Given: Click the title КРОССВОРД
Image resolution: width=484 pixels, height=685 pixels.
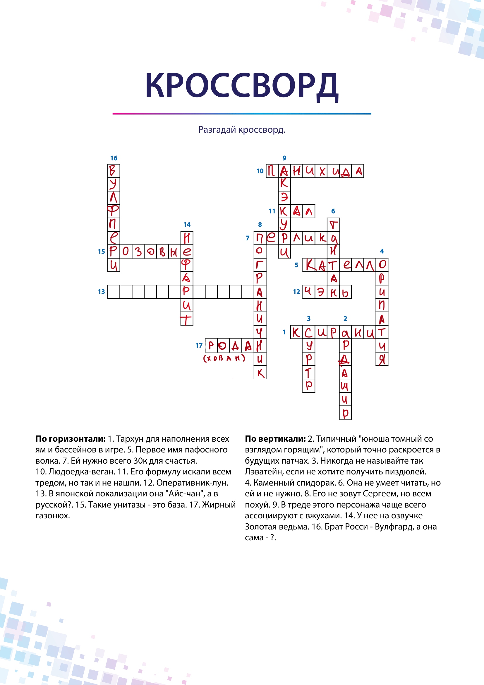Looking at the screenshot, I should coord(242,86).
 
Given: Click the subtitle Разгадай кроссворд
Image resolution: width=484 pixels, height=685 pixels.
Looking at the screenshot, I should coord(242,130).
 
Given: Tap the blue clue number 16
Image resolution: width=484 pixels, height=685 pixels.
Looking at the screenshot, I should coord(114,158).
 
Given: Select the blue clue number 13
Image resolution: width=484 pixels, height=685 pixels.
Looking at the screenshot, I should coord(101,291).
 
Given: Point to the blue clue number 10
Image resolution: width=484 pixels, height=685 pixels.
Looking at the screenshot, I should coord(260,171).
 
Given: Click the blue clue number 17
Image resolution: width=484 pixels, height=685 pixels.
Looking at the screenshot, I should coord(199,346).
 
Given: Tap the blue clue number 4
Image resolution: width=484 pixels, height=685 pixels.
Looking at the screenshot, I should coord(382,251).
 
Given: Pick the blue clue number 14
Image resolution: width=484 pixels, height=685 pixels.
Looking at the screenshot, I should coord(187,224).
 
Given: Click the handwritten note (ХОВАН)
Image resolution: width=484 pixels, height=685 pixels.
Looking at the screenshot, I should coord(224,358).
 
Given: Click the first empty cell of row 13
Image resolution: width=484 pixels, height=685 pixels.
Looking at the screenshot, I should coord(114,292).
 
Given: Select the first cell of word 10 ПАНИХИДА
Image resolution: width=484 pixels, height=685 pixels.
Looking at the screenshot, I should coord(272,171).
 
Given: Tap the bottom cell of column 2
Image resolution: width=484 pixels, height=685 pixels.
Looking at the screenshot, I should coord(345,413).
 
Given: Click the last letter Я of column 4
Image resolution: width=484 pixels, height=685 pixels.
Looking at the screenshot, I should coord(382,360).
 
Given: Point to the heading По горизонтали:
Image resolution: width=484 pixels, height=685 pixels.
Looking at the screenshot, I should coord(71,439).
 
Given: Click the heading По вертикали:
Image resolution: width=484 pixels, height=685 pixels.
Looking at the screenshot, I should coord(275,439).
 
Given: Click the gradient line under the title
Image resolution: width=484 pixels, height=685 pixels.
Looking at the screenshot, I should coord(242,114).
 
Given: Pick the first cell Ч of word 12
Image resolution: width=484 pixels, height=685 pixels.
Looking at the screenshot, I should coord(308,292).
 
